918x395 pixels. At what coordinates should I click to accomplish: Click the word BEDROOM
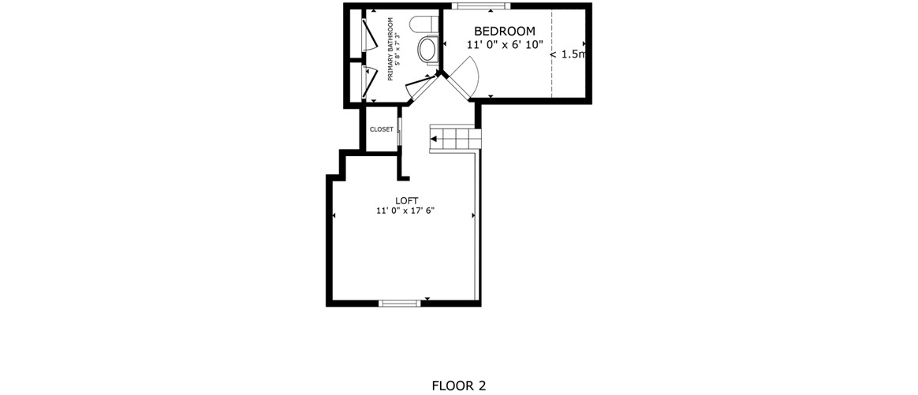pos(504,31)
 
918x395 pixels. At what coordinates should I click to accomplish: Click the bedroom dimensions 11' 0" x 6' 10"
pos(505,44)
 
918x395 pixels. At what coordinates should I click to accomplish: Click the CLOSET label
pos(381,129)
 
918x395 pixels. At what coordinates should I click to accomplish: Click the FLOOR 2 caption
pos(459,386)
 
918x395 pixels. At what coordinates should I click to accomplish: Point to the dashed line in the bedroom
pos(551,54)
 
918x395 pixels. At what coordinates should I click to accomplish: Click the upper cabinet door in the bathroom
pos(369,35)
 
